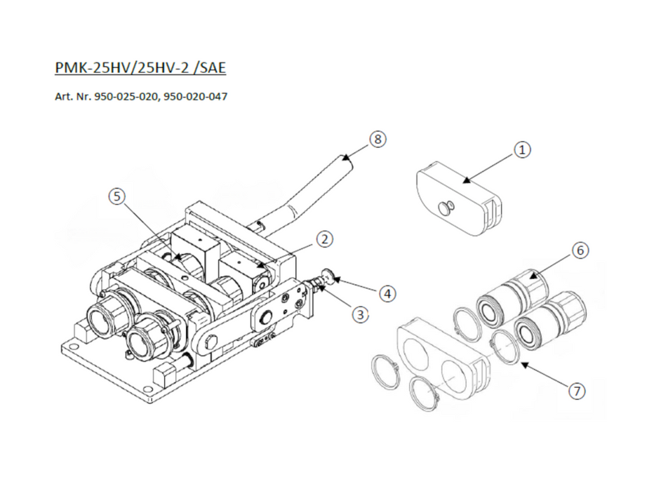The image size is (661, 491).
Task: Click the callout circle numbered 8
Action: click(x=378, y=139)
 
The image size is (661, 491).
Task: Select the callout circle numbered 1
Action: click(x=522, y=149)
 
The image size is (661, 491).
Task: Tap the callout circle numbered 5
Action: click(x=116, y=196)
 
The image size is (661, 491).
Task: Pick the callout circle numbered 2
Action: click(x=324, y=239)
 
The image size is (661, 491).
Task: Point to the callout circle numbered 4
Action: click(x=387, y=293)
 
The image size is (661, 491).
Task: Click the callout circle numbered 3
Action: click(x=360, y=314)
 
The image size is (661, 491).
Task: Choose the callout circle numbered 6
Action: click(x=580, y=250)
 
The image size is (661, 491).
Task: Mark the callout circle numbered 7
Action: click(x=577, y=391)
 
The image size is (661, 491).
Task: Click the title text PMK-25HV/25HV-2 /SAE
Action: click(x=140, y=67)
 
